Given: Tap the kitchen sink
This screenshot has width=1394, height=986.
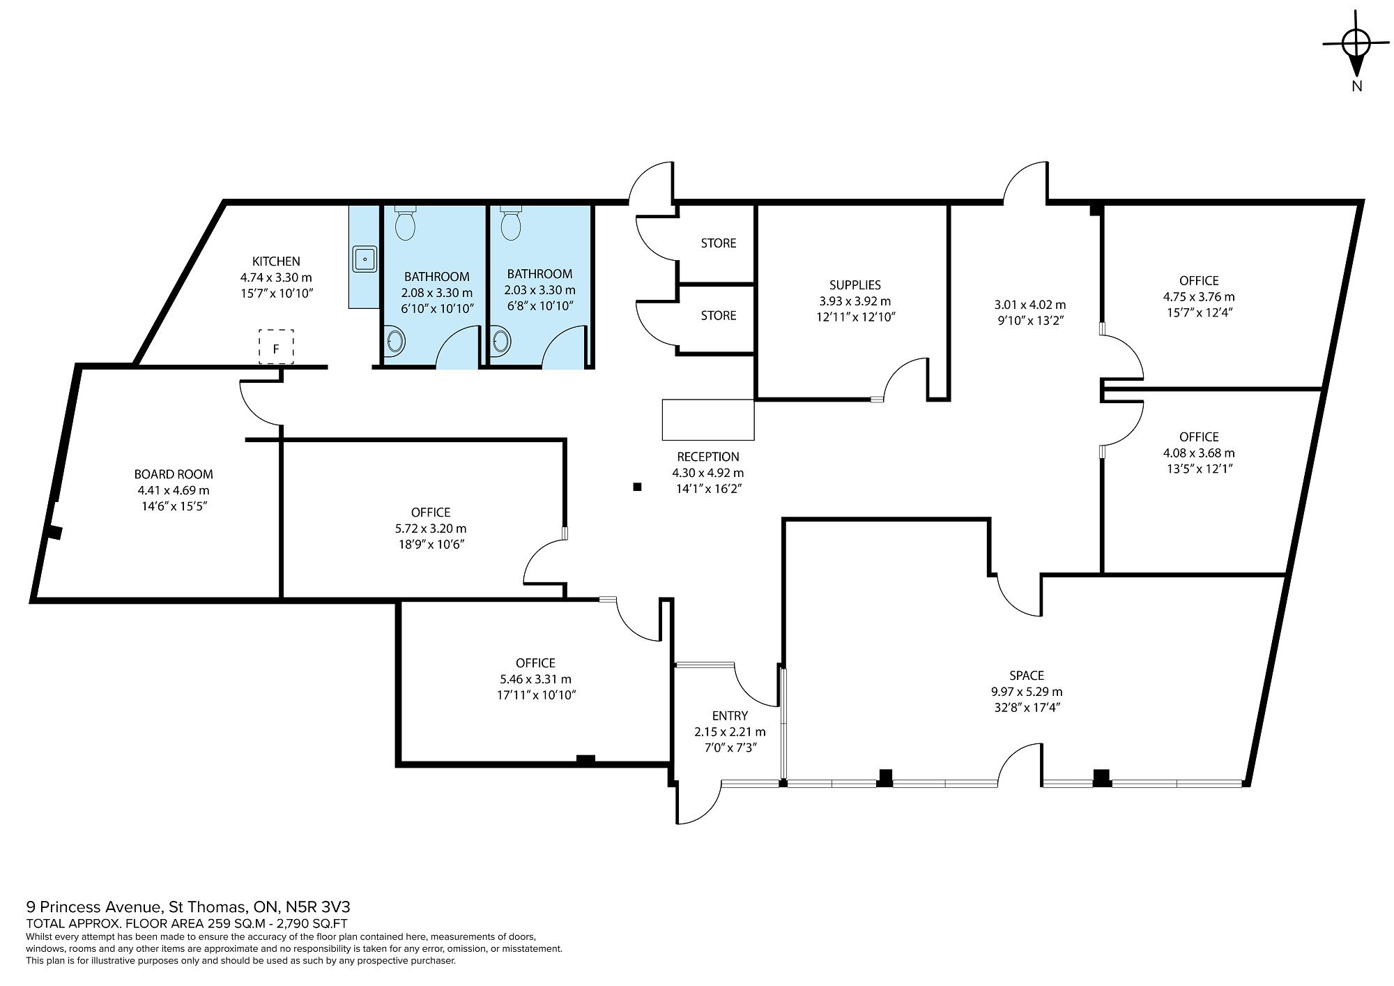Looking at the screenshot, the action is pos(365,259).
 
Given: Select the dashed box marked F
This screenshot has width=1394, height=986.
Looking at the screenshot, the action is pos(276,347).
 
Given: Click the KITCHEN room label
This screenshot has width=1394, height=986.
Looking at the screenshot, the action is pos(276,261).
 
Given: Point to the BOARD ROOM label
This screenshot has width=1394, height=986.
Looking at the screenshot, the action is pos(174,475).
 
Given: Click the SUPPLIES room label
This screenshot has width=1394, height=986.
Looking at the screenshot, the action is pos(855,285).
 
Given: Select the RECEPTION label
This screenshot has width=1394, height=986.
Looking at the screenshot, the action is pos(708,457).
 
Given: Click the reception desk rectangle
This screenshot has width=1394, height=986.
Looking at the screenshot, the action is pos(708,420).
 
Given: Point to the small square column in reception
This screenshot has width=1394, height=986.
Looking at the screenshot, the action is pos(636,487).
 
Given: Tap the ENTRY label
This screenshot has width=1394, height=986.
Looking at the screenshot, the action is pos(730,715).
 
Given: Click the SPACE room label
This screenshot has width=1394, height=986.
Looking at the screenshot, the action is pos(1027,676).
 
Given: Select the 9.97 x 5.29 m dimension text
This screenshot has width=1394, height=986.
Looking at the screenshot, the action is pos(1027,692).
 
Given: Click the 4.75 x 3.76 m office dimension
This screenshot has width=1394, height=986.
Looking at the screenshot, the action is pos(1199,297).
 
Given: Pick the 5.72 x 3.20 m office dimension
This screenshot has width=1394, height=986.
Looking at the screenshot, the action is pos(431,529).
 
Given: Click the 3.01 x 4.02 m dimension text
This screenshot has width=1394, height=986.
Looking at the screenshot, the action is pos(1029,305).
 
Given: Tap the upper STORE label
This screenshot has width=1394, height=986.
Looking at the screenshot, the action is pos(719,243).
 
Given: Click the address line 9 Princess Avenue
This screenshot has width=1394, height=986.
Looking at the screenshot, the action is pos(188,907).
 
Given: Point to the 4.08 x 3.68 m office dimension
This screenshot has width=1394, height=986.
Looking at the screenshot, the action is pos(1199,453).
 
